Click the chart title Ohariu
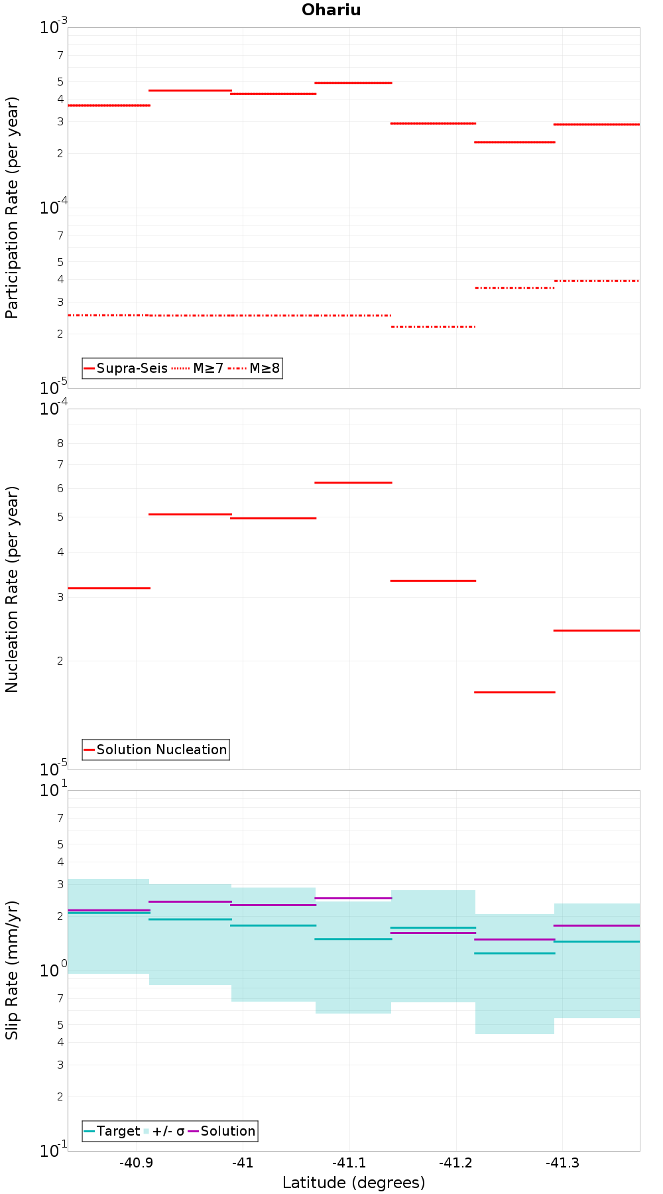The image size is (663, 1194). [x=331, y=10]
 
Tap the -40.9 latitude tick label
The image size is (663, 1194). [x=136, y=1163]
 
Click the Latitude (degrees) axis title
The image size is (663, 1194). [x=353, y=1183]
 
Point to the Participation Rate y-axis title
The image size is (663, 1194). [x=12, y=208]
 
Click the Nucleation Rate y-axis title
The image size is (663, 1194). [x=12, y=589]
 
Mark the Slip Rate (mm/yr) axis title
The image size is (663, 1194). [x=12, y=970]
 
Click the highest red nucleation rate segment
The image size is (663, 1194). [x=353, y=482]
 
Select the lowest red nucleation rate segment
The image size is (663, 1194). [x=514, y=692]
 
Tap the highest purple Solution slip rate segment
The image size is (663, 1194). [x=353, y=897]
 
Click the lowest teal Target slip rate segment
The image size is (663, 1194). [x=514, y=953]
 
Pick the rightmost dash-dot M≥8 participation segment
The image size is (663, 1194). [x=597, y=281]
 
